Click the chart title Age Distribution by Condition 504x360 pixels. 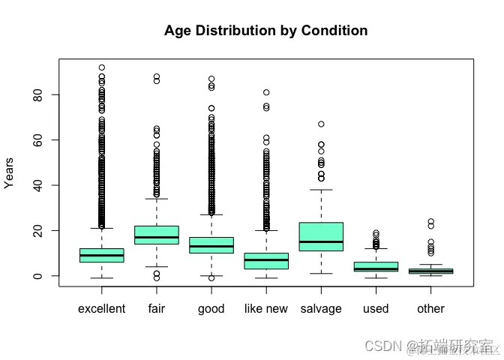coord(265,31)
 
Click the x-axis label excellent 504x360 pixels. coord(101,309)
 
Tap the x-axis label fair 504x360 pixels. coord(157,309)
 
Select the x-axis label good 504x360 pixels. coord(211,309)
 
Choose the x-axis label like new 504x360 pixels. coord(266,309)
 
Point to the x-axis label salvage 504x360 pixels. coord(321,309)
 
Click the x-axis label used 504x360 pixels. coord(376,309)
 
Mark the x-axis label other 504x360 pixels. coord(430,309)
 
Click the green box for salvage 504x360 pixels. coord(321,236)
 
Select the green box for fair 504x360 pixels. coord(157,235)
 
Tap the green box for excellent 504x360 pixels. coord(101,255)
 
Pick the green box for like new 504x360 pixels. coord(266,260)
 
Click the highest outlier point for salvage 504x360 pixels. coord(321,124)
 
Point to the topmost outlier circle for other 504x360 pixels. coord(430,221)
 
